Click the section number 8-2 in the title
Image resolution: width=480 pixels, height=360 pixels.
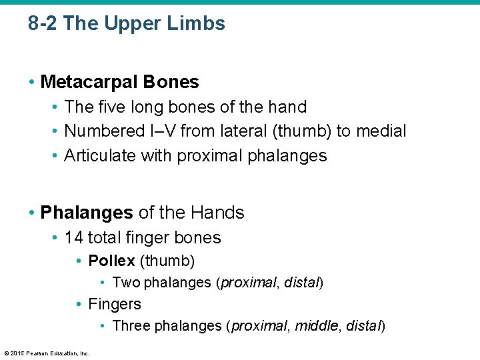(x=43, y=24)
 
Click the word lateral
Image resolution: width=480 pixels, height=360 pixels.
(x=239, y=131)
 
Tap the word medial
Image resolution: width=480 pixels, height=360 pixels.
(x=382, y=131)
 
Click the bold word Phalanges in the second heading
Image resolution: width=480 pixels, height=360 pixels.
(x=87, y=213)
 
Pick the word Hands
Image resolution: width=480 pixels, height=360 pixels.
(x=217, y=213)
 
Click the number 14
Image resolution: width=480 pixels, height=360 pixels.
(x=73, y=237)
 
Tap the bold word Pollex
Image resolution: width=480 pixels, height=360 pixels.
(x=111, y=260)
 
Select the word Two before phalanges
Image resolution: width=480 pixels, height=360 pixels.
(x=127, y=283)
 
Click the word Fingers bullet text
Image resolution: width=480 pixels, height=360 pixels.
(x=115, y=304)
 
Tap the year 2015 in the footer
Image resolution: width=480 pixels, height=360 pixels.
(x=17, y=353)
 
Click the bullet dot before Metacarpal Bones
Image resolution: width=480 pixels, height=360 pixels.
(x=32, y=82)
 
